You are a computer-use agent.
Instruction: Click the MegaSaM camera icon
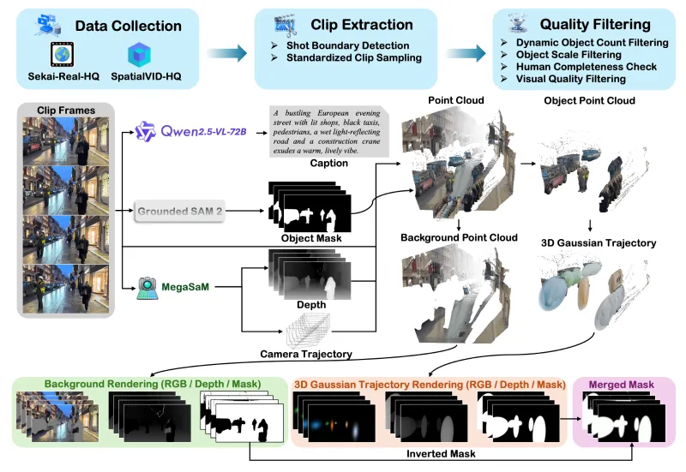pos(147,286)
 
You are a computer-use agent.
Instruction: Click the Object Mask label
pos(310,238)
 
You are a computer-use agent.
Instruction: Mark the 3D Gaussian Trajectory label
pos(599,243)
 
